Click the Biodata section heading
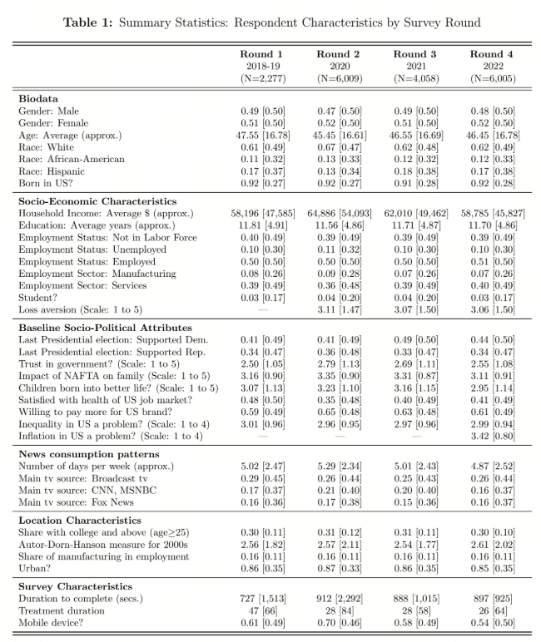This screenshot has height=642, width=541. coord(41,99)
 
